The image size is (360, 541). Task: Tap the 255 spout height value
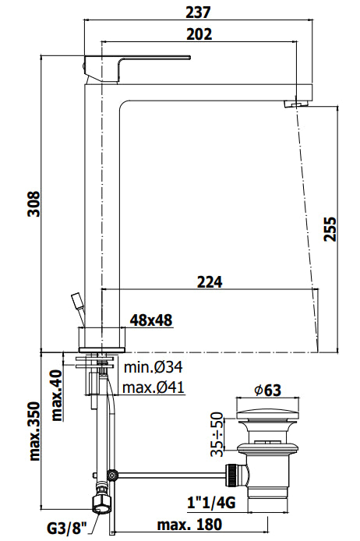click(x=330, y=228)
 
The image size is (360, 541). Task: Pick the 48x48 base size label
click(x=150, y=320)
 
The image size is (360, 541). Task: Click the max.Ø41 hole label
click(x=154, y=387)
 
